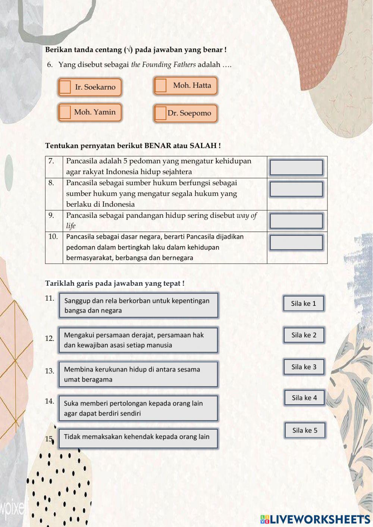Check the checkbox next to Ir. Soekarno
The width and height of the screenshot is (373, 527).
tap(65, 87)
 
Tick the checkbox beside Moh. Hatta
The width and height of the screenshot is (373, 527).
tap(161, 85)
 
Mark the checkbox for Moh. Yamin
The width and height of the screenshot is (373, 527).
tap(65, 112)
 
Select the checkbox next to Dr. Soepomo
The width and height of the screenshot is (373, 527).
tap(161, 113)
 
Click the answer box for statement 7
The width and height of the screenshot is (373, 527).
tap(296, 167)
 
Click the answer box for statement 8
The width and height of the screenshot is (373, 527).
tap(296, 189)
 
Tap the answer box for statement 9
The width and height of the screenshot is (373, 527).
tap(296, 221)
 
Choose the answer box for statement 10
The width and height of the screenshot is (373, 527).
tap(296, 242)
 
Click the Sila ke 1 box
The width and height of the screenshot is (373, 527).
tap(303, 303)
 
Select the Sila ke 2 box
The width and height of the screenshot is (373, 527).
tap(304, 335)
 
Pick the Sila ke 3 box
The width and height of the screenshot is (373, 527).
tap(304, 367)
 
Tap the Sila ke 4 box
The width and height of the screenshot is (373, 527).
tap(304, 398)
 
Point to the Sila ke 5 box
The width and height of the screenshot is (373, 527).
tap(305, 430)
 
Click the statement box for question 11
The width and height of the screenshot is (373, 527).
tap(138, 305)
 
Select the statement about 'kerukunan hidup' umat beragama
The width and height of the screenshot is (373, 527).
tap(138, 374)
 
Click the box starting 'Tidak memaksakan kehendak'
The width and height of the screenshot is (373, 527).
tap(138, 438)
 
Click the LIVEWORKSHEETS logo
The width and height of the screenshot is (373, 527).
tap(315, 519)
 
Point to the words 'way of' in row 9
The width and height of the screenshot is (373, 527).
tap(247, 216)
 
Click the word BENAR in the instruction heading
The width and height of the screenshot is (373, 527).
tap(157, 145)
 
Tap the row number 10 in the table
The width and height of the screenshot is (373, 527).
tap(53, 236)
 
